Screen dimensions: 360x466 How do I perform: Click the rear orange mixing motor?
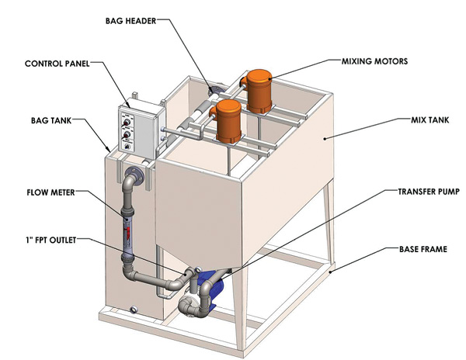259,91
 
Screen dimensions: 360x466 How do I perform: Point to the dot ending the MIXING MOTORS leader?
273,75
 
